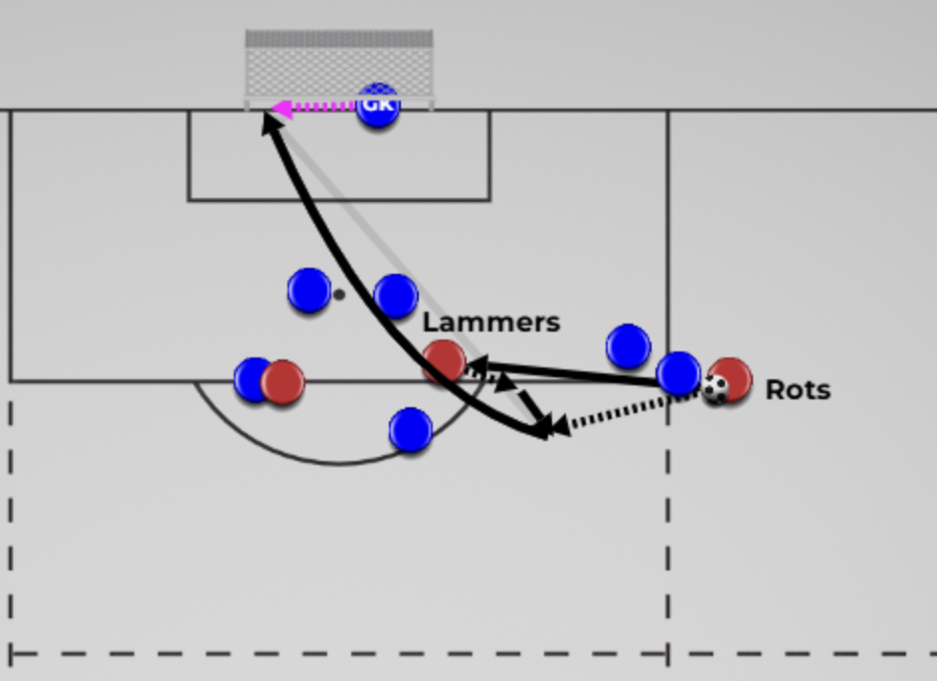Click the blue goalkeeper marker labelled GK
[x=377, y=107]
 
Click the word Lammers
[x=491, y=323]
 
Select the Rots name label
[x=798, y=390]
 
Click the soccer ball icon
[x=715, y=389]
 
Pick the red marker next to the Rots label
[x=730, y=379]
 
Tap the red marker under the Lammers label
[x=444, y=361]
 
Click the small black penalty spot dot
[x=339, y=294]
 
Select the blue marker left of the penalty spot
[x=309, y=290]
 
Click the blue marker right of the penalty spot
[x=395, y=296]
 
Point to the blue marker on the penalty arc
[x=411, y=430]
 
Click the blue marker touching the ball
[x=678, y=373]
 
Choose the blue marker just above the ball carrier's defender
[x=628, y=346]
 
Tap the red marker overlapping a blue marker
[x=282, y=382]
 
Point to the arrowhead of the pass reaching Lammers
[x=478, y=364]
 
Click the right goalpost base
[x=431, y=105]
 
